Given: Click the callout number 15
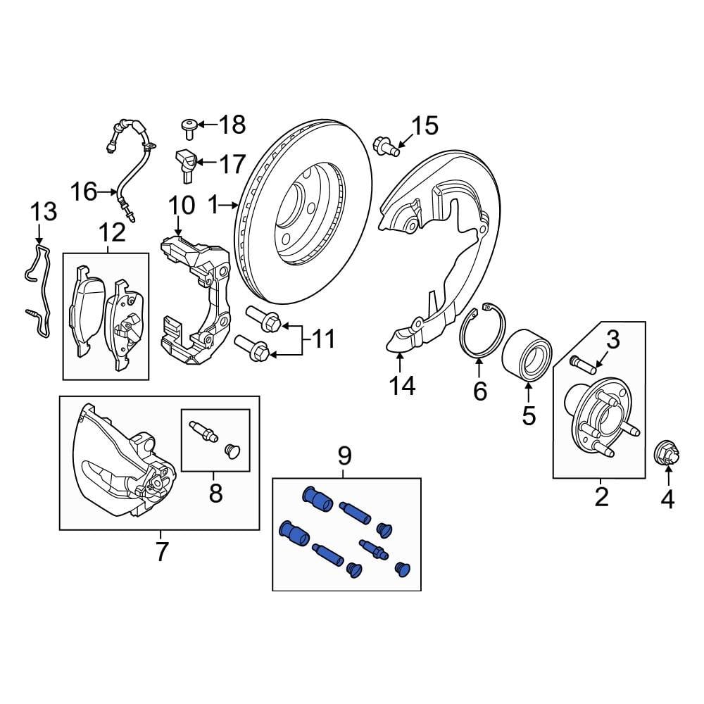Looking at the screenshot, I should click(425, 127).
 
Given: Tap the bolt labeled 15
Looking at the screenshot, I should click(386, 145).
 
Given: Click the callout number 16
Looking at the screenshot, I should click(84, 191).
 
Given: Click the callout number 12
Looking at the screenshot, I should click(112, 232).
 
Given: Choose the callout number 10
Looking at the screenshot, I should click(181, 206).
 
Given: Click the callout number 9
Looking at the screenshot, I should click(344, 456).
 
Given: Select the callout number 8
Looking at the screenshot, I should click(215, 493).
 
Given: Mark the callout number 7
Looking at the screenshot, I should click(161, 552).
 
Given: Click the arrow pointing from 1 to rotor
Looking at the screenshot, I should click(230, 206).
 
